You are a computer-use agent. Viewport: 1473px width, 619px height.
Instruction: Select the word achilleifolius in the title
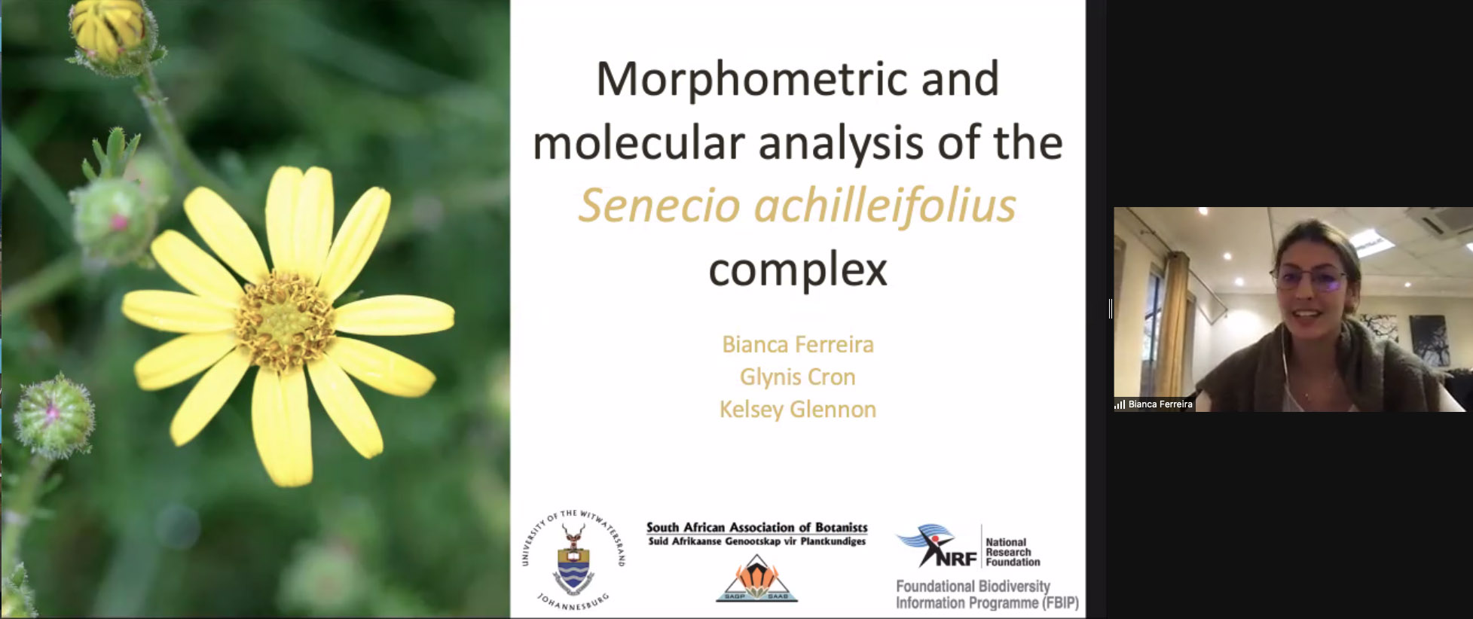(886, 205)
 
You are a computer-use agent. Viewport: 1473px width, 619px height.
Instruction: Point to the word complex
(798, 270)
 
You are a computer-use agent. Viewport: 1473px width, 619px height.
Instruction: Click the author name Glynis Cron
(798, 377)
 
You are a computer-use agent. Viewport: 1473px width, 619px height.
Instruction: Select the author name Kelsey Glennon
(798, 410)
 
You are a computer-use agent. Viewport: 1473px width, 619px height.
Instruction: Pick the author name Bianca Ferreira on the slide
(798, 344)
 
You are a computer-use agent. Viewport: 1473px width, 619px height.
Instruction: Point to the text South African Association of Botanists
(757, 527)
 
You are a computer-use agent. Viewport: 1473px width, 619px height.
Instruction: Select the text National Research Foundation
(1013, 552)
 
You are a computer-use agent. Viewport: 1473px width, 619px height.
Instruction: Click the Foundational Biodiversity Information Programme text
(987, 594)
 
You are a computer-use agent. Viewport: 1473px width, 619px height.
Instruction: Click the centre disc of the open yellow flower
(285, 322)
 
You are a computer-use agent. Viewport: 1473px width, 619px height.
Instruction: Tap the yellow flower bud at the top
(109, 30)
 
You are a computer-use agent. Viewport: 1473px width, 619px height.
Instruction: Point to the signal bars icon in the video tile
(1120, 404)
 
